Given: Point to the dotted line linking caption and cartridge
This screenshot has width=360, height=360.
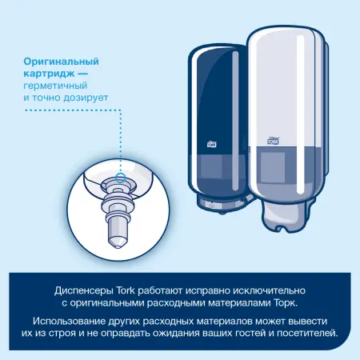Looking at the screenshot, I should pos(121,136).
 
